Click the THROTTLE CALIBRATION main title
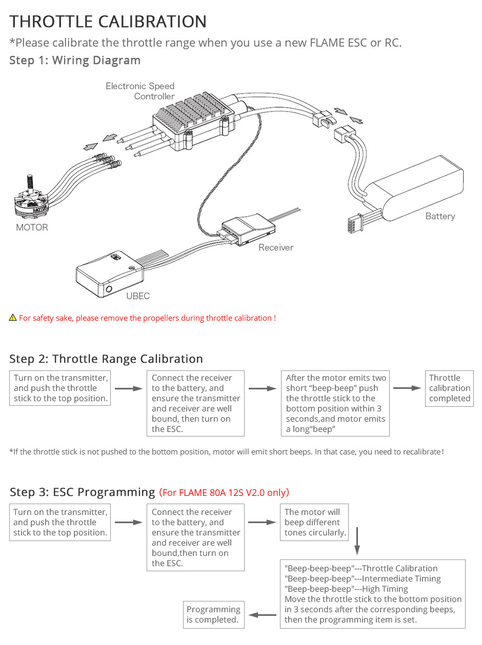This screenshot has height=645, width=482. click(108, 22)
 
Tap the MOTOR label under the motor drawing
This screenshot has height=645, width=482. click(32, 227)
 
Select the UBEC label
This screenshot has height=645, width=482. click(138, 296)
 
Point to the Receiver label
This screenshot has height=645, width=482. click(276, 247)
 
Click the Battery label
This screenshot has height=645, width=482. click(440, 216)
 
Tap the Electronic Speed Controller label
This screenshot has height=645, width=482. click(140, 91)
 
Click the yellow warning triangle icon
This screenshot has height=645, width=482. click(13, 318)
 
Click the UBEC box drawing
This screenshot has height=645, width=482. click(108, 274)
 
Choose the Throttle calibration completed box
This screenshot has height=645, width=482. click(449, 388)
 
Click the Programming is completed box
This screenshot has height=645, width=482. click(213, 614)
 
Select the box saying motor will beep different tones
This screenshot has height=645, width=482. click(315, 523)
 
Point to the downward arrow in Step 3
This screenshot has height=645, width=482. click(357, 544)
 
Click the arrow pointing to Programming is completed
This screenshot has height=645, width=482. click(263, 615)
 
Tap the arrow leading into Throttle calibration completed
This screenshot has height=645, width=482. click(407, 388)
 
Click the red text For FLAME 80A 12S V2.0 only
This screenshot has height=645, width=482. click(224, 493)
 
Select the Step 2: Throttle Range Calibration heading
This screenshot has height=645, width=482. click(106, 359)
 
